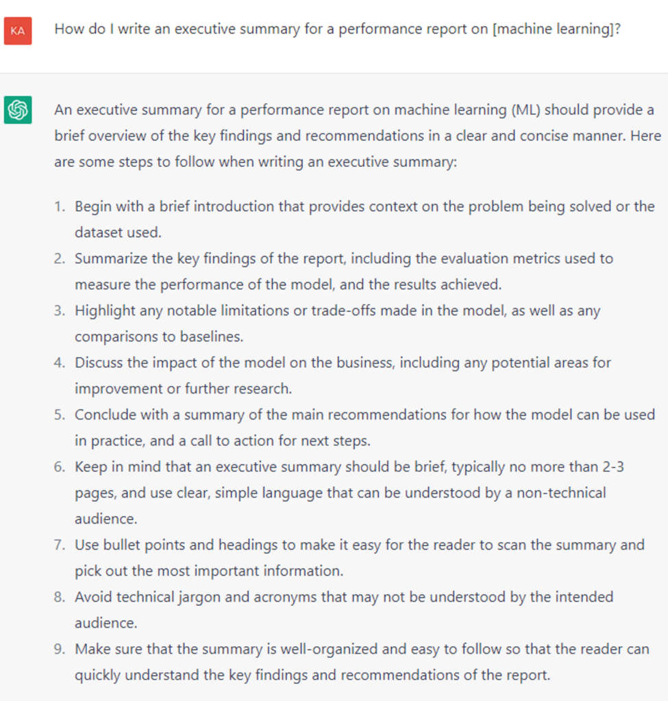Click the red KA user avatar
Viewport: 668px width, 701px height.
pyautogui.click(x=18, y=31)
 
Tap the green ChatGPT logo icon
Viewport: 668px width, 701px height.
pyautogui.click(x=18, y=110)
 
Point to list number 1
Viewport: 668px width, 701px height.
pyautogui.click(x=60, y=206)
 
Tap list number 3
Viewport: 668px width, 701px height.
pyautogui.click(x=60, y=310)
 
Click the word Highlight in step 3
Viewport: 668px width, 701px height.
pyautogui.click(x=105, y=310)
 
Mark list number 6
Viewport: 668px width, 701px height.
pyautogui.click(x=60, y=466)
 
